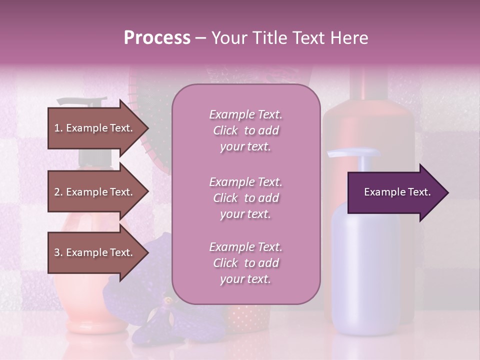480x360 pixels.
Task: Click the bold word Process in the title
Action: (x=157, y=38)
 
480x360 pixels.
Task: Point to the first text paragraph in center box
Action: (x=245, y=130)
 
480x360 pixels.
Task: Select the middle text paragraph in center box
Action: (x=245, y=198)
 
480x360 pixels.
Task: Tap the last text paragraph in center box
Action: (x=245, y=263)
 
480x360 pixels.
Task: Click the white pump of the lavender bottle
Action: (x=352, y=153)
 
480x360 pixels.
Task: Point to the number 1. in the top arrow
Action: (x=58, y=128)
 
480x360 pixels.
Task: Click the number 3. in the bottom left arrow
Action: (x=58, y=252)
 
